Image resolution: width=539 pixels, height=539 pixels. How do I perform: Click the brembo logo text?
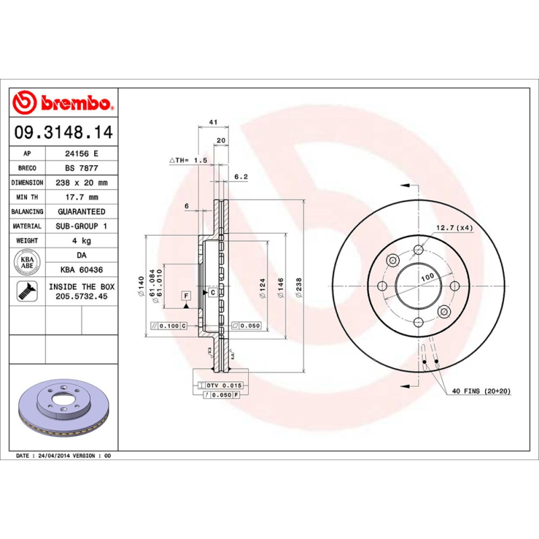(x=74, y=103)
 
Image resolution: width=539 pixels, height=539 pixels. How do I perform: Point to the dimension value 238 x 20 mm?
(x=82, y=183)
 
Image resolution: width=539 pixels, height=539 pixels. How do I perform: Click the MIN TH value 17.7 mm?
(x=82, y=197)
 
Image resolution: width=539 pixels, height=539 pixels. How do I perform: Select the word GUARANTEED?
(x=82, y=212)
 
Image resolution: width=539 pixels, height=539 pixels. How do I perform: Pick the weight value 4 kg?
(x=82, y=241)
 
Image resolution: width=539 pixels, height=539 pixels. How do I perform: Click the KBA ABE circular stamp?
(x=28, y=261)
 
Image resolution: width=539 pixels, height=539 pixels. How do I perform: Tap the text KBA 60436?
(x=82, y=269)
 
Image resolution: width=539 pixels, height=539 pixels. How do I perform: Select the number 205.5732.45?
(x=82, y=296)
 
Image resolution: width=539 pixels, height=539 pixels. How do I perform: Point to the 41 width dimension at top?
(x=212, y=122)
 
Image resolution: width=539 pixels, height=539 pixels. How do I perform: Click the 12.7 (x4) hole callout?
(x=454, y=228)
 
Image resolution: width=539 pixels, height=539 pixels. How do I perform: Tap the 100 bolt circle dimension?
(x=427, y=278)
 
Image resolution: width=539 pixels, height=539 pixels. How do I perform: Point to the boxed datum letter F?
(x=187, y=295)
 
